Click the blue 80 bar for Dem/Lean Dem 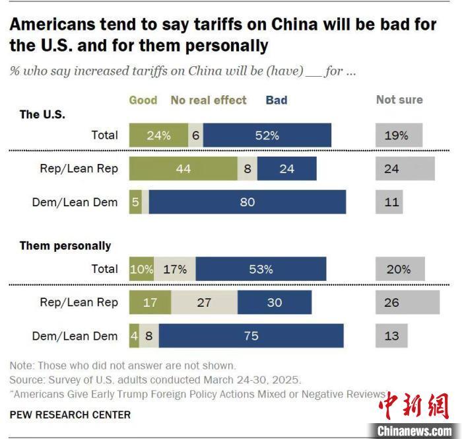click(x=247, y=202)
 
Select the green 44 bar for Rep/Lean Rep click(x=183, y=169)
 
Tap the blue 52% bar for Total click(x=267, y=135)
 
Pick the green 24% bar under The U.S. click(x=158, y=135)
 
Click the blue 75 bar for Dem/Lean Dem click(x=251, y=336)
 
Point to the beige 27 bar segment click(x=204, y=302)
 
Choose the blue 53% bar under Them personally click(x=261, y=269)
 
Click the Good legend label click(x=143, y=100)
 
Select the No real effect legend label click(x=209, y=100)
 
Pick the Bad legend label click(x=277, y=100)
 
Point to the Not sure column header click(x=399, y=100)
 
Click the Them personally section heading click(x=65, y=246)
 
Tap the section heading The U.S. click(x=42, y=114)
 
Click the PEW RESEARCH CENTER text click(x=70, y=415)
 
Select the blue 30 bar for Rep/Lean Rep click(x=275, y=302)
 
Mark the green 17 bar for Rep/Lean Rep click(x=150, y=302)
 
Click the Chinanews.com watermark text click(x=414, y=430)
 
